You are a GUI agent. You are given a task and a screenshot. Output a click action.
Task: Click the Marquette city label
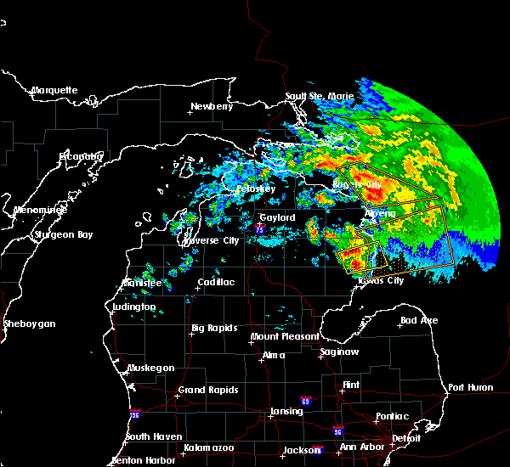point(54,90)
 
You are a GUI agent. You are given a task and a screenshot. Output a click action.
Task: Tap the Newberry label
point(212,107)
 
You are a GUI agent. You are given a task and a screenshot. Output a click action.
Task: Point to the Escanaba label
point(82,156)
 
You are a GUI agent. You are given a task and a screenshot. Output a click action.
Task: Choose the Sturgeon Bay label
point(61,234)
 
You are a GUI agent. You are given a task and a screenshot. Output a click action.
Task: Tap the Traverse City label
point(211,240)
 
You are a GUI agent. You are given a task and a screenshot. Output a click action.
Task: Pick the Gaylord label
point(277,217)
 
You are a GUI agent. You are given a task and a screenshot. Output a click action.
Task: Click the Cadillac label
point(216,282)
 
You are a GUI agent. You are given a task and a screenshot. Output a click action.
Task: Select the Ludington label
point(133,307)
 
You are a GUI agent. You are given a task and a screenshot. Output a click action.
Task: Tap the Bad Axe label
point(420,321)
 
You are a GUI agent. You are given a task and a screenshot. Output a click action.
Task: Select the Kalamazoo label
point(209,447)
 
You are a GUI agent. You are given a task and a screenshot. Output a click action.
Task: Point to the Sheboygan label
point(29,324)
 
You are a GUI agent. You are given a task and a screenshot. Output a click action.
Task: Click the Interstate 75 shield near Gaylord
point(259,228)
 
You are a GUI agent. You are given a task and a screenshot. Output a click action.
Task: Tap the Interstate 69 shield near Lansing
point(304,400)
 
